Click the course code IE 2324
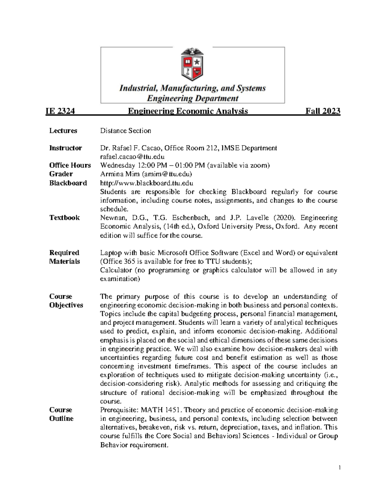[x=60, y=111]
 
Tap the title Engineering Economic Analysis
[x=188, y=111]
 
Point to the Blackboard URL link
[x=146, y=183]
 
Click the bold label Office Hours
[x=70, y=165]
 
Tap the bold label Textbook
[x=64, y=218]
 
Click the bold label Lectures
[x=63, y=131]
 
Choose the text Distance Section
[x=125, y=131]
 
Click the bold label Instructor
[x=65, y=148]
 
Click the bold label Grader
[x=61, y=174]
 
